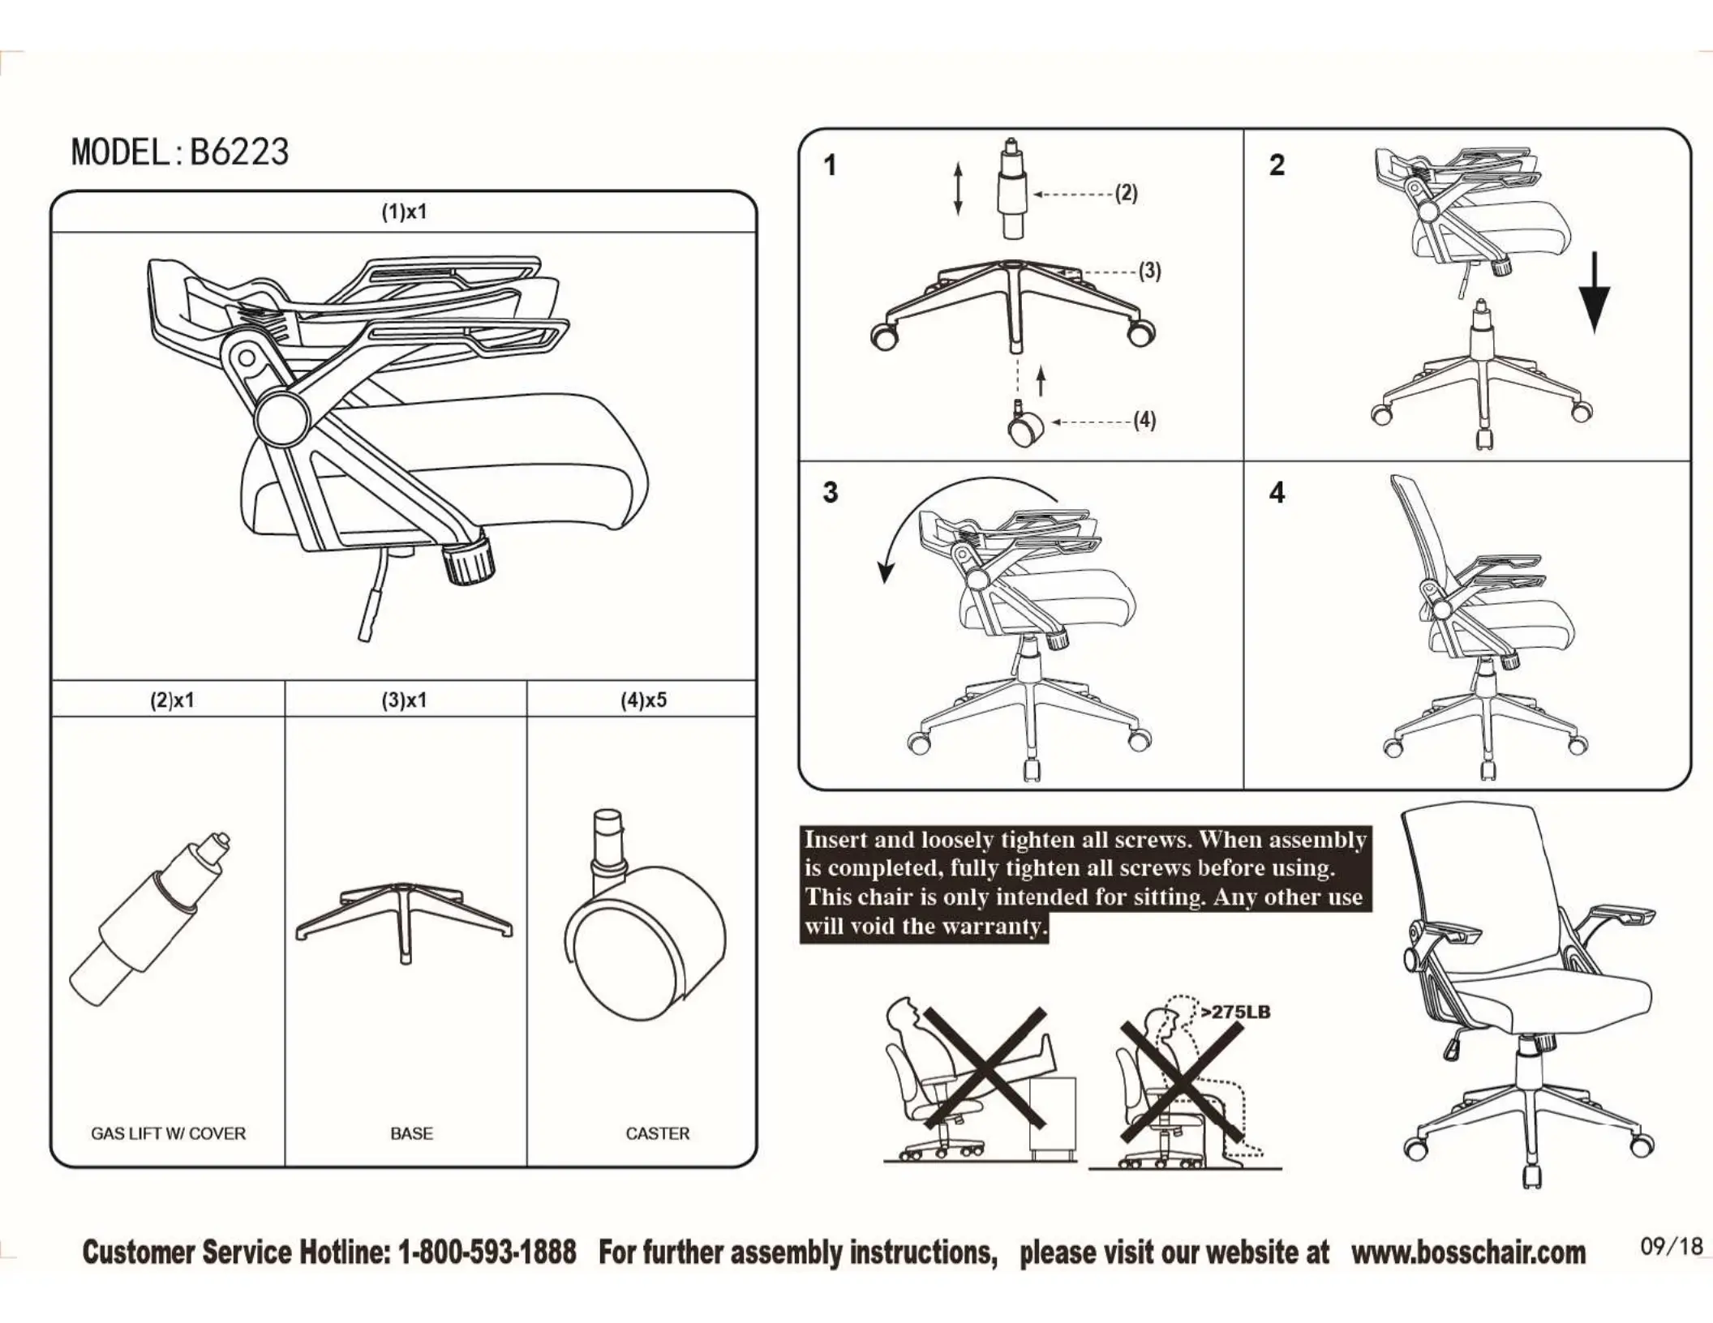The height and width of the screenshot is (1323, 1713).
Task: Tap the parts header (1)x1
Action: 404,212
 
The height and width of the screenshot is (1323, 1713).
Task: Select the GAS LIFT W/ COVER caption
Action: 168,1133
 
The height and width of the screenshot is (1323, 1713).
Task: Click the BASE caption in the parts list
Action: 411,1133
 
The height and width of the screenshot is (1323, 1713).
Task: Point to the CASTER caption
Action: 657,1133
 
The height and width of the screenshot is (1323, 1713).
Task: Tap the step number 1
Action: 830,166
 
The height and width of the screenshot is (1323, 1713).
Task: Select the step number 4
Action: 1277,493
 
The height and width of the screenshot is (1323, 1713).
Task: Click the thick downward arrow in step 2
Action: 1595,292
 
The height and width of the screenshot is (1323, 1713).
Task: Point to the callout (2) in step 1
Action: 1126,193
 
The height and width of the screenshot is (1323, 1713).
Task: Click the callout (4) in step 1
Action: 1144,421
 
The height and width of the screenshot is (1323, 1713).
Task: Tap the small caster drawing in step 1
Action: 1024,425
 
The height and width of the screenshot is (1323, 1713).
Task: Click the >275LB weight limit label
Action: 1235,1012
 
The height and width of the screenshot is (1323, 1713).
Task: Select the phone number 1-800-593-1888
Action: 487,1252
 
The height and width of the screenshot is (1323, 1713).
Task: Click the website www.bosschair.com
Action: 1468,1252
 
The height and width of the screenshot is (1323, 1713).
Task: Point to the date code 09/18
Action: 1671,1246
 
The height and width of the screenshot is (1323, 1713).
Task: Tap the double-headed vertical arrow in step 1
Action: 958,189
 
